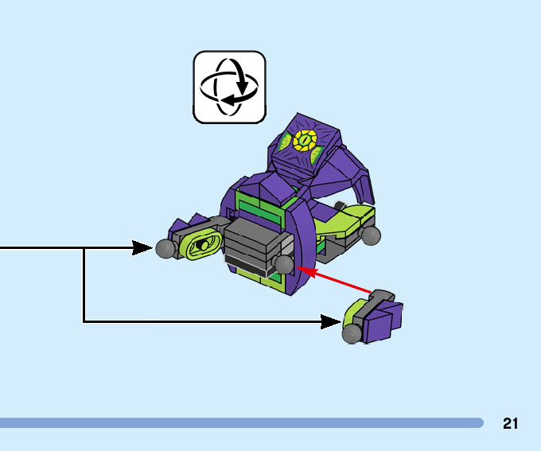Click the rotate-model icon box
[229, 87]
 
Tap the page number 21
[511, 423]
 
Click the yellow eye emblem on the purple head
[304, 141]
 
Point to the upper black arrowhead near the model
[142, 248]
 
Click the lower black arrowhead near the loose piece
[331, 321]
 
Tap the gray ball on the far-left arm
[165, 249]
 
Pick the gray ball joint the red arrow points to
[283, 263]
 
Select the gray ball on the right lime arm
[371, 235]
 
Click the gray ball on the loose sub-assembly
[351, 334]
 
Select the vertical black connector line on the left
[84, 285]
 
